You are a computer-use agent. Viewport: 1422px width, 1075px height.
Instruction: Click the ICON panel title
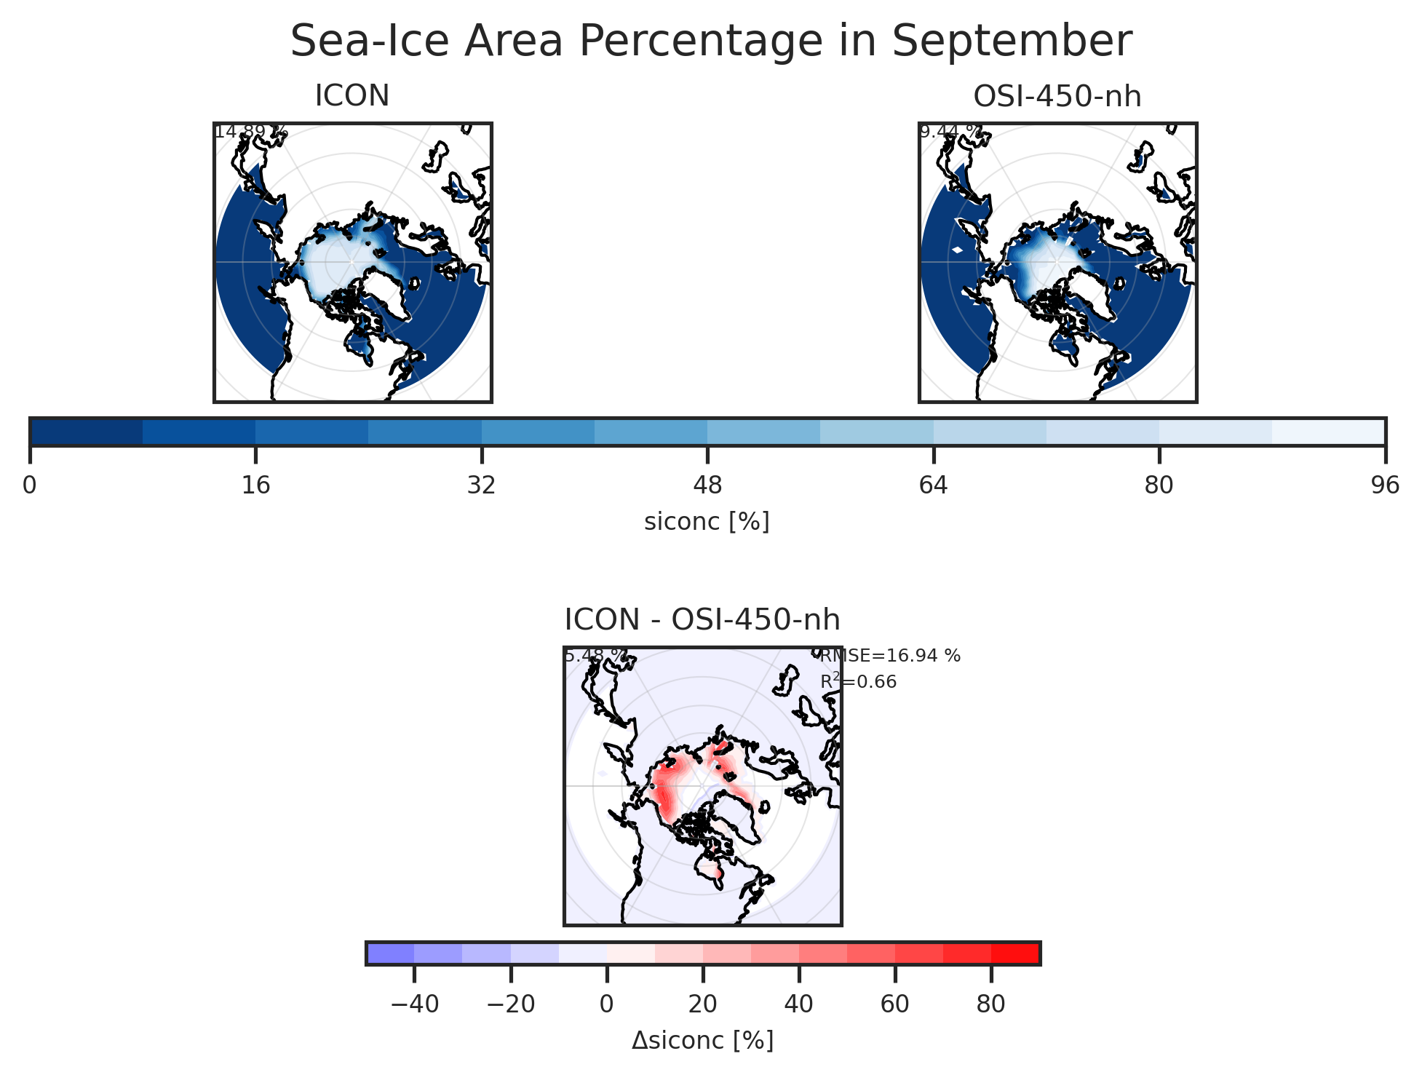coord(352,96)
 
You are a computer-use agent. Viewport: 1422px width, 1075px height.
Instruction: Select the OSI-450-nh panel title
coord(1057,96)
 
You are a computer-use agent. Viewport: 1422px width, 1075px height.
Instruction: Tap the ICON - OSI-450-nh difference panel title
coord(702,620)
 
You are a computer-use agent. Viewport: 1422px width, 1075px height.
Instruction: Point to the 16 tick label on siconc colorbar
coord(255,485)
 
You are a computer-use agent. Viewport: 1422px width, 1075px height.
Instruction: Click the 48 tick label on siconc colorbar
coord(707,485)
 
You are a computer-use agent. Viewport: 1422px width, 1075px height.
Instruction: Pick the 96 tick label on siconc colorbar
coord(1384,485)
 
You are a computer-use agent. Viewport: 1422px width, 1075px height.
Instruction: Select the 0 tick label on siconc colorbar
coord(30,485)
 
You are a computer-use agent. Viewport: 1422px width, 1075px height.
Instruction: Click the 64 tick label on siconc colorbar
coord(934,485)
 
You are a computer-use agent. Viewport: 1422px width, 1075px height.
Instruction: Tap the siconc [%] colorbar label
coord(707,521)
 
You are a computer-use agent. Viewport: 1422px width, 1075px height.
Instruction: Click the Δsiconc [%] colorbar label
coord(702,1041)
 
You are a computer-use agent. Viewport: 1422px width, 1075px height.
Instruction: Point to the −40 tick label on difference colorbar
coord(414,1004)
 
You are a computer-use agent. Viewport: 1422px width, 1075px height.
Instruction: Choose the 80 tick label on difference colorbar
coord(990,1004)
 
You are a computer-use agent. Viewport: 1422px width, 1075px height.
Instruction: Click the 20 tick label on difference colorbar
coord(702,1004)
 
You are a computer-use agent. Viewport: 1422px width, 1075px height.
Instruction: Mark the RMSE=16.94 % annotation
coord(890,656)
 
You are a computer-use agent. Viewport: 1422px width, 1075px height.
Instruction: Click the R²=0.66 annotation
coord(858,682)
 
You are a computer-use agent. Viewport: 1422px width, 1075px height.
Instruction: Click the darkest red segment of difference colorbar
coord(1015,953)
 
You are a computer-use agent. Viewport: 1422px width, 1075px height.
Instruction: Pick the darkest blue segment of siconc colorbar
coord(86,432)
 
